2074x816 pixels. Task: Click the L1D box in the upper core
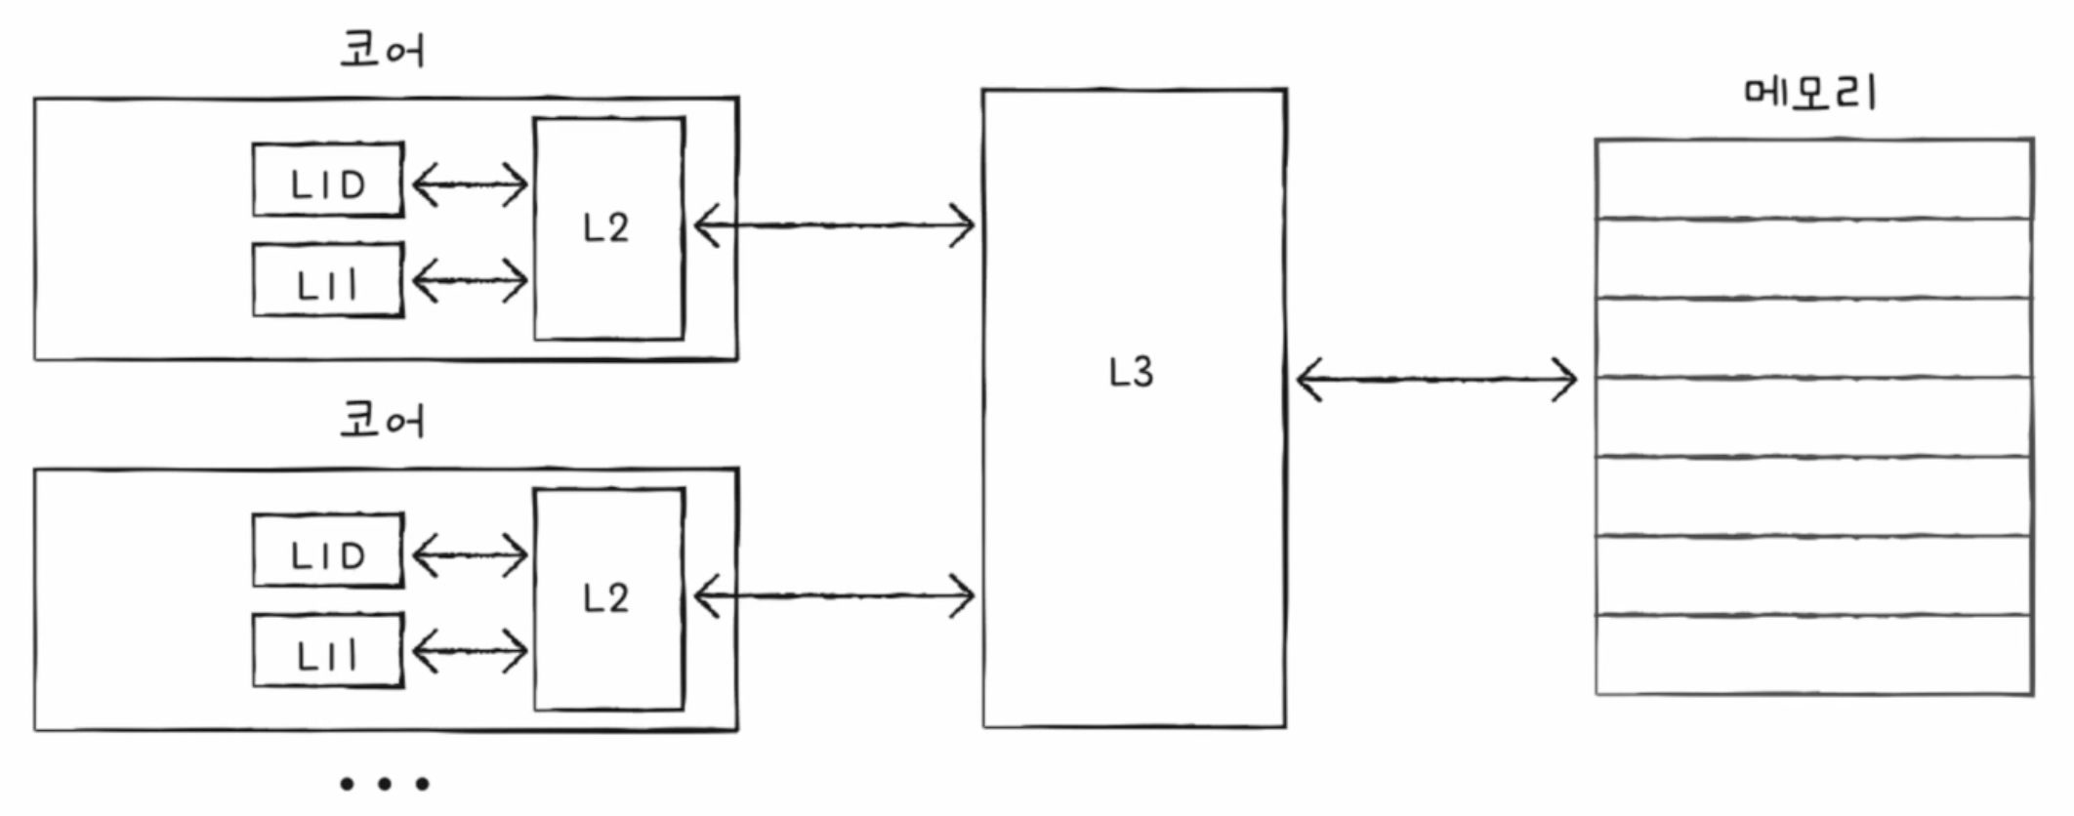328,181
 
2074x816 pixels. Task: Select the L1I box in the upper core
328,281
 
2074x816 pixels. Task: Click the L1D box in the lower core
328,551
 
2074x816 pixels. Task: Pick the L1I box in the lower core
328,651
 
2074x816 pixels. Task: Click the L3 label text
1132,372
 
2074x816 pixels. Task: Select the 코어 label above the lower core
382,421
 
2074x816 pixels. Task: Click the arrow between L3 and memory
1436,379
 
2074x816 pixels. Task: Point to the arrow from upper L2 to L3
834,225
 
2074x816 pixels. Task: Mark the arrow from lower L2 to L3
834,595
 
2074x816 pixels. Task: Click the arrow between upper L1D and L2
470,184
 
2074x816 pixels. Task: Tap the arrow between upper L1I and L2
470,281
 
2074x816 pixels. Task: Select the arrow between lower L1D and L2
470,554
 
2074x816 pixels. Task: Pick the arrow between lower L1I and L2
470,651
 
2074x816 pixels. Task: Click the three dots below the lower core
384,783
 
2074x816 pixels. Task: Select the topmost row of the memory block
1814,180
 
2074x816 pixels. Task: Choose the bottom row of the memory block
1814,655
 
